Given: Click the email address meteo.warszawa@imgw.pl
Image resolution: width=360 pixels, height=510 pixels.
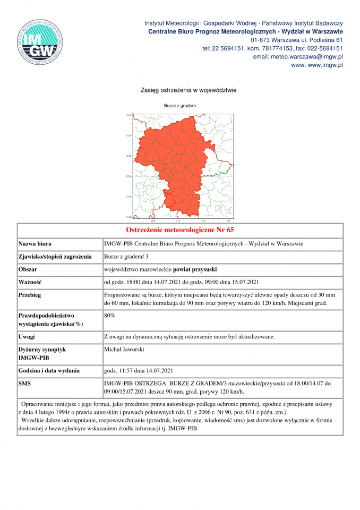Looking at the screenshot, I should click(x=298, y=56).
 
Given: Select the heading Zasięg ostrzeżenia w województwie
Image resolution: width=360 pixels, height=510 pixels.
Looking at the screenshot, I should click(x=181, y=90).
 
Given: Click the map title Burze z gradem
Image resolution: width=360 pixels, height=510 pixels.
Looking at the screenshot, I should click(x=179, y=106).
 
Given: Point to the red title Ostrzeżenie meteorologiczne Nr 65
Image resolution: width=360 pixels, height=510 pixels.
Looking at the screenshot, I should click(x=180, y=230).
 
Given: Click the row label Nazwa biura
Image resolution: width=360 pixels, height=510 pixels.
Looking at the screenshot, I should click(x=35, y=244).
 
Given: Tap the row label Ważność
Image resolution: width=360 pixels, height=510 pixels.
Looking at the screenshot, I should click(x=30, y=282).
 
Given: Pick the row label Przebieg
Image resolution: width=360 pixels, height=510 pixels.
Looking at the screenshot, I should click(x=30, y=294).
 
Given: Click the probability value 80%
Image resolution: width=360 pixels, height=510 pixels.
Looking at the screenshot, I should click(x=109, y=315).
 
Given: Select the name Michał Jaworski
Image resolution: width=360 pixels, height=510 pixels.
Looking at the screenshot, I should click(x=124, y=349).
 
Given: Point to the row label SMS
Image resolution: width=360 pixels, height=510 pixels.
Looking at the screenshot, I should click(x=24, y=382).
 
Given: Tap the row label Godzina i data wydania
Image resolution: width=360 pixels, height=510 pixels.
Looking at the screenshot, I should click(x=49, y=370).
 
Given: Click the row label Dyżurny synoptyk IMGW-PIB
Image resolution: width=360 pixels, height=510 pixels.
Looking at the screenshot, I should click(x=42, y=354).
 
